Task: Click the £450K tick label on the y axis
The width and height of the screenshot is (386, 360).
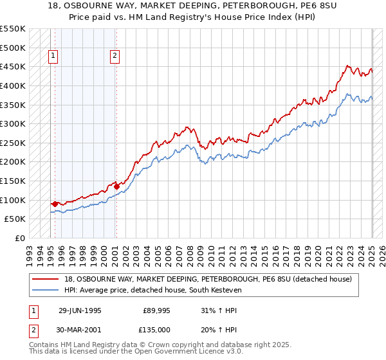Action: pos(13,66)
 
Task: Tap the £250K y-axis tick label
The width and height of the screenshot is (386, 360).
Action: pos(13,143)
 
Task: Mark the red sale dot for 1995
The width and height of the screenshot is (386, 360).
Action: pos(55,203)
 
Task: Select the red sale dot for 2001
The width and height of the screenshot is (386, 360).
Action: pos(116,186)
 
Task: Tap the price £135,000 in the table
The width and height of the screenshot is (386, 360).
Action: pos(156,331)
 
